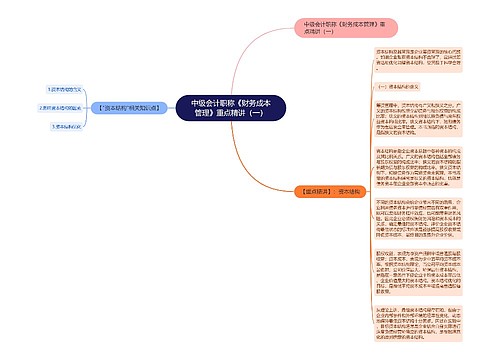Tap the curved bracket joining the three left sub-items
coord(93,107)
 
